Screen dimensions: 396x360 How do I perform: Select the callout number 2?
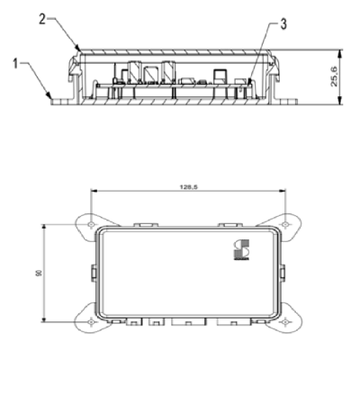coord(41,16)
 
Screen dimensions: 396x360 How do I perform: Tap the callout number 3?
coord(283,23)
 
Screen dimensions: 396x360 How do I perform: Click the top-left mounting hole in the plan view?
coord(93,219)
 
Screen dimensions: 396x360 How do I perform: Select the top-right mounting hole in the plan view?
coord(286,219)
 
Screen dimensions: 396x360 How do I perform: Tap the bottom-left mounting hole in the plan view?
coord(93,320)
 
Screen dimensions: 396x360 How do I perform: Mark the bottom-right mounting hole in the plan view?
coord(286,320)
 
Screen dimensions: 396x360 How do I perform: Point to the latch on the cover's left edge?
coord(93,270)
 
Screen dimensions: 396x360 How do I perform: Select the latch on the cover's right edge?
coord(285,270)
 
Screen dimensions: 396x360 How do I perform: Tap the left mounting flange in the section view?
coord(58,100)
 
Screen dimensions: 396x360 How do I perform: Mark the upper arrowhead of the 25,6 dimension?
coord(340,51)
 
